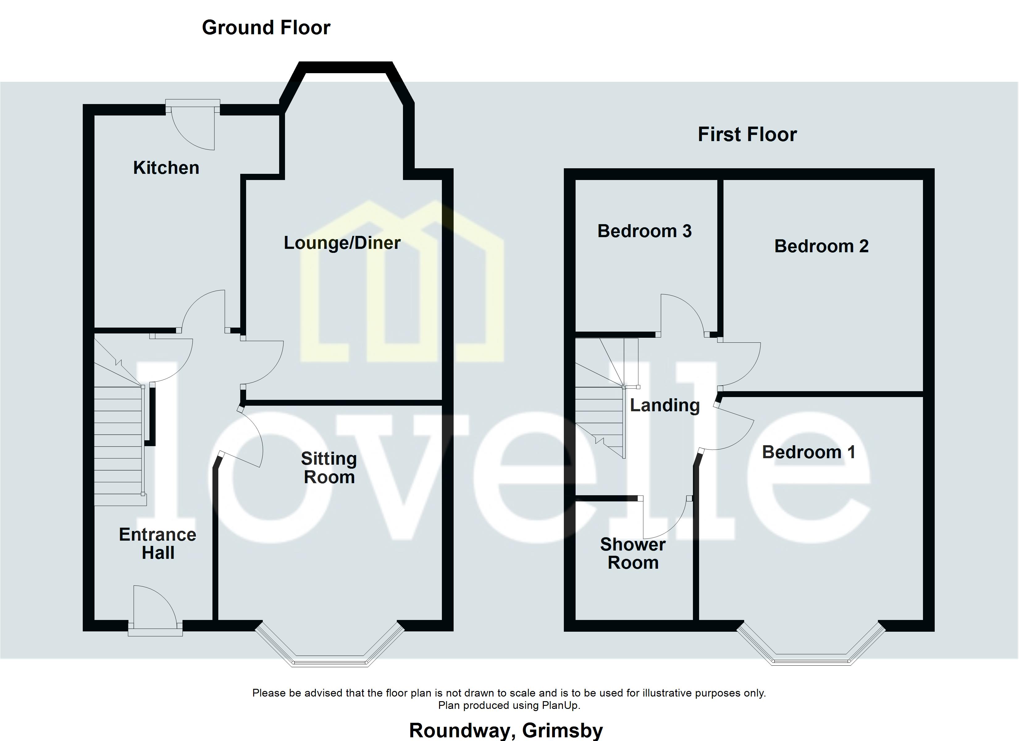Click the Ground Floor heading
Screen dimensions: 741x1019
[266, 28]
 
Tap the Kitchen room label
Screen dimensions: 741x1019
[166, 168]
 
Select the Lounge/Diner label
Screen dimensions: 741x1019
[342, 243]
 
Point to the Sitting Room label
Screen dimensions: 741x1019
[329, 468]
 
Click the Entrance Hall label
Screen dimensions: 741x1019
[158, 544]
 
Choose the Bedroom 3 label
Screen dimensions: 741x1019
[644, 231]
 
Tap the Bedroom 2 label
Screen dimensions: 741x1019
[821, 246]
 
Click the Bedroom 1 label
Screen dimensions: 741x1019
[808, 452]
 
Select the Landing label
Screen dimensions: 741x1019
[665, 405]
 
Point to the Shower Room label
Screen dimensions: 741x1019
[633, 554]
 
